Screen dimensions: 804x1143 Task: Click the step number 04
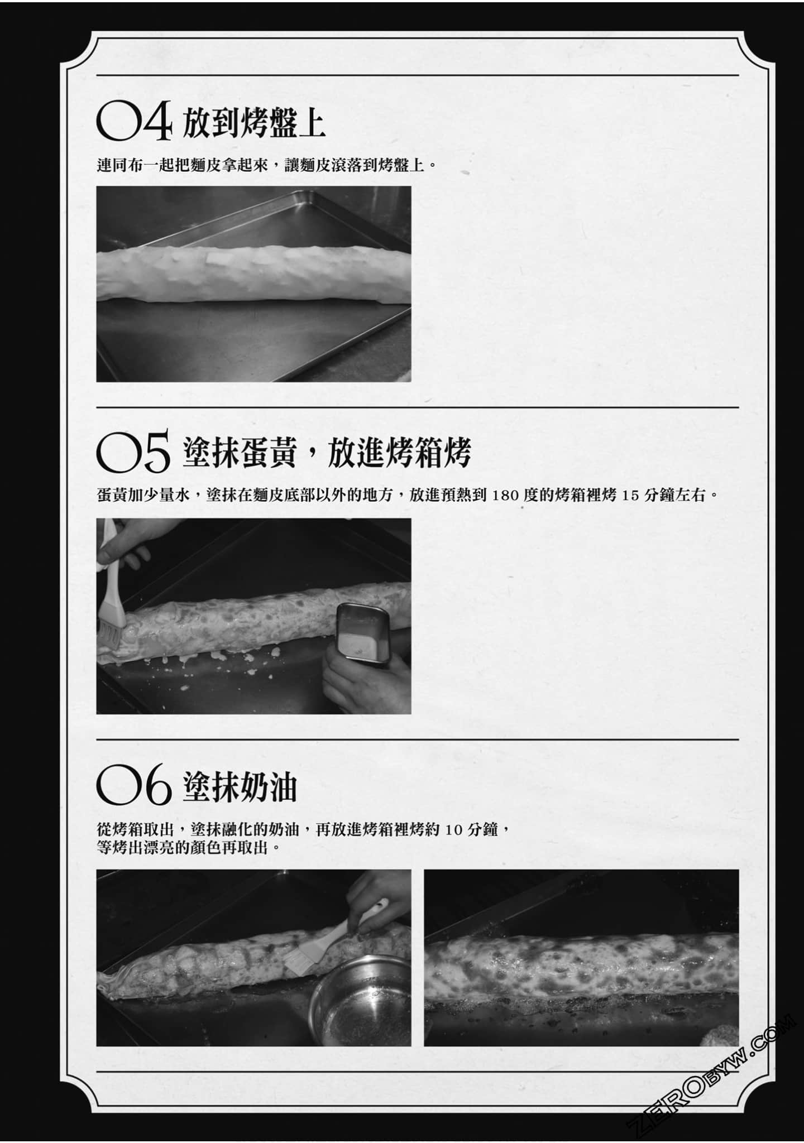(x=134, y=122)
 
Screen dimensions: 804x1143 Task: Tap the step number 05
(x=133, y=454)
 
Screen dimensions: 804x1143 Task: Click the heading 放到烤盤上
(x=254, y=123)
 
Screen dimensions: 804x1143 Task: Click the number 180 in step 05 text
(x=506, y=495)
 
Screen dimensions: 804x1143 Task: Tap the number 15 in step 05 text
(x=629, y=495)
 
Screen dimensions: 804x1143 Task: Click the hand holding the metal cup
(x=366, y=680)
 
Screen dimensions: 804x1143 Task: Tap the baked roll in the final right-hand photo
(x=581, y=966)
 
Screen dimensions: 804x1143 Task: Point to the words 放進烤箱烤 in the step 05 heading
(x=400, y=453)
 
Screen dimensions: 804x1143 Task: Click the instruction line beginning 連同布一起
(x=266, y=166)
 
